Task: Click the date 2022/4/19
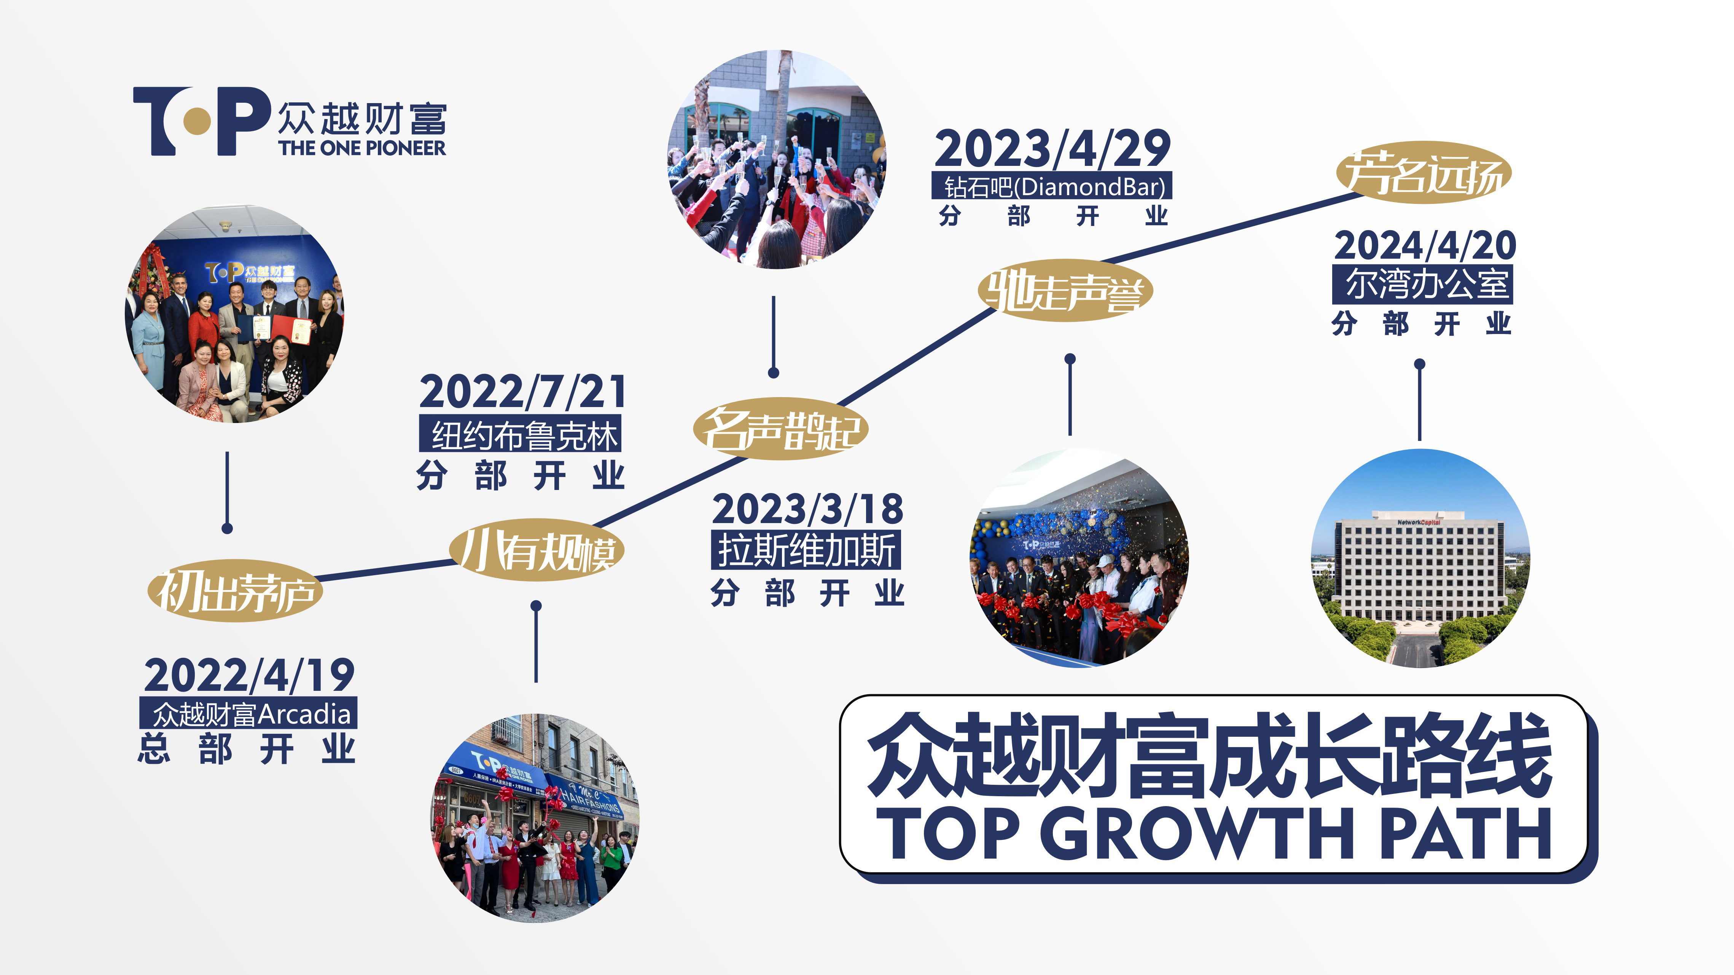(x=249, y=676)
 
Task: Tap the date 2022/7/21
(x=523, y=391)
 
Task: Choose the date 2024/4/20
(x=1425, y=246)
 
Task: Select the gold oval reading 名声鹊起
(x=781, y=429)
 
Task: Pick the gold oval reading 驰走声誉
(x=1065, y=291)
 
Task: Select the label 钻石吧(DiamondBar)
(x=1052, y=186)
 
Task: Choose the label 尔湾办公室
(x=1423, y=284)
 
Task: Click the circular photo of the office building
(x=1420, y=558)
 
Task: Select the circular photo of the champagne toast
(x=776, y=159)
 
